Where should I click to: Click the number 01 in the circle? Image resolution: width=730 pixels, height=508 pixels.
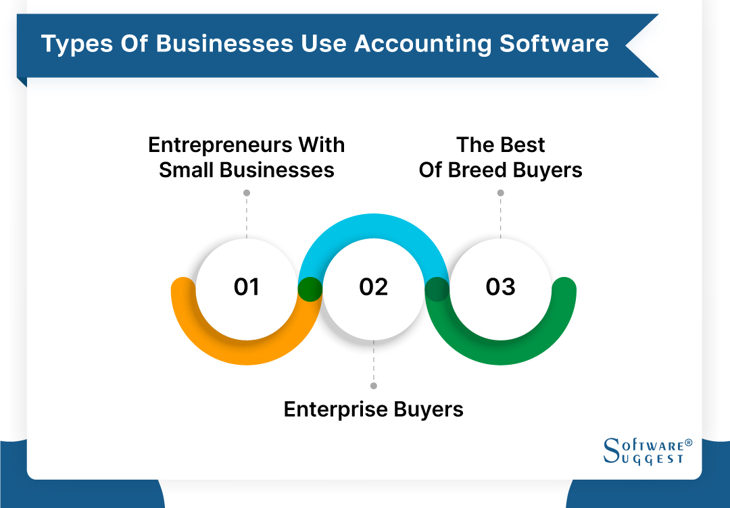pyautogui.click(x=247, y=287)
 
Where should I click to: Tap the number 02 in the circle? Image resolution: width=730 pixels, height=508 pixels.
pyautogui.click(x=374, y=287)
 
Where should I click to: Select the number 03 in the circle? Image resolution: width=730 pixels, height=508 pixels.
pyautogui.click(x=500, y=287)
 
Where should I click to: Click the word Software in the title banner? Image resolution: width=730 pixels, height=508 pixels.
pyautogui.click(x=554, y=44)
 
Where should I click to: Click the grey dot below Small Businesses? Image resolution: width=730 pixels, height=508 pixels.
pyautogui.click(x=247, y=193)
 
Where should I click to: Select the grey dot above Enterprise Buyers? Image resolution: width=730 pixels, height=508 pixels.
pyautogui.click(x=374, y=386)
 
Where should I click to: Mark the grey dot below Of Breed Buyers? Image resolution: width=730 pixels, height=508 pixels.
pyautogui.click(x=500, y=193)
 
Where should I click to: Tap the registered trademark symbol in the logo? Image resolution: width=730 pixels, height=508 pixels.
pyautogui.click(x=689, y=442)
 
